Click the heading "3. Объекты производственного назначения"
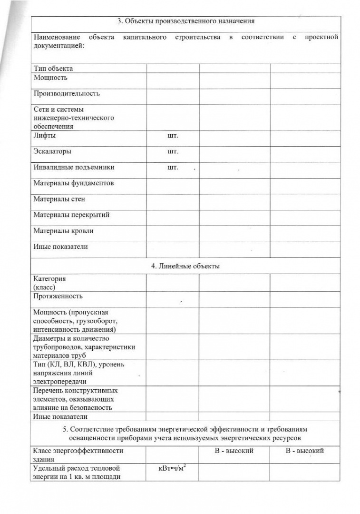coord(186,21)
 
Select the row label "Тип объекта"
coord(53,69)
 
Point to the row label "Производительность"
coord(67,94)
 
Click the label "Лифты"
coord(44,136)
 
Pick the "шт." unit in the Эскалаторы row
coord(173,152)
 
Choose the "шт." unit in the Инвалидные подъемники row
coord(173,168)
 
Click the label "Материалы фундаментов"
coord(73,183)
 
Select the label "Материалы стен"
coord(59,199)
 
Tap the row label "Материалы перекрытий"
coord(71,215)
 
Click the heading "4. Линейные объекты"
coord(186,266)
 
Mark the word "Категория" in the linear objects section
coord(49,279)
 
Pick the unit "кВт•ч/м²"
coord(171,468)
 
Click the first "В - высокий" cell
coord(234,450)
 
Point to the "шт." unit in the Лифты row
coord(173,136)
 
